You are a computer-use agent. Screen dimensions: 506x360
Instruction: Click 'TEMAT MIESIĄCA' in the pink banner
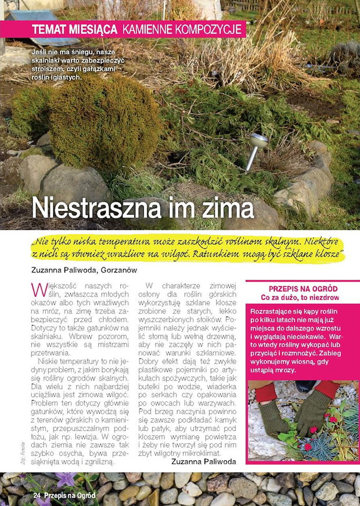(x=74, y=29)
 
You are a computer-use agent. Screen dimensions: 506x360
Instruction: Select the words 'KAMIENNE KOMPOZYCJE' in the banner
(x=182, y=29)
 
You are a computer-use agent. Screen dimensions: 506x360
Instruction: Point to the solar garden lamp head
(x=258, y=140)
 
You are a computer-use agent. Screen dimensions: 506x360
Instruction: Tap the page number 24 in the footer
(x=37, y=496)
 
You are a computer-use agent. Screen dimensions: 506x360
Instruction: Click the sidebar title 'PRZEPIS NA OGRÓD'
(x=303, y=289)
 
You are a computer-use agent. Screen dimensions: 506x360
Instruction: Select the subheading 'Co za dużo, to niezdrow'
(x=303, y=297)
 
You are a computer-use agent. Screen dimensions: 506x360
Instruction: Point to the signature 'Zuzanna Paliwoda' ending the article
(x=204, y=461)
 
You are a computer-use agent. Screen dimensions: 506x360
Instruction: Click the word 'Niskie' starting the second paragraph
(x=48, y=361)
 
